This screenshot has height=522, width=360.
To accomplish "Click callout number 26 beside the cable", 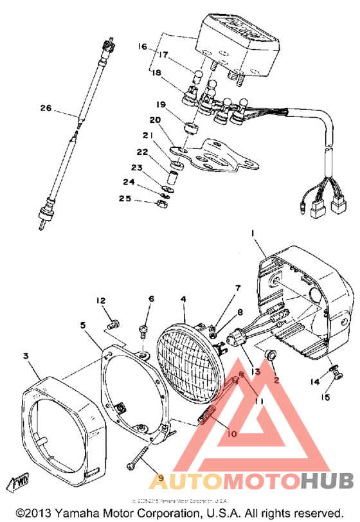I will pyautogui.click(x=44, y=109).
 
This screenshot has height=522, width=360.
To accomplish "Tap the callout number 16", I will pyautogui.click(x=142, y=46).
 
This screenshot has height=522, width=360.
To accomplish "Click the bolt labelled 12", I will pyautogui.click(x=114, y=323).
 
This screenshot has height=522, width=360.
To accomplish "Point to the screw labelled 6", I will pyautogui.click(x=143, y=332).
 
